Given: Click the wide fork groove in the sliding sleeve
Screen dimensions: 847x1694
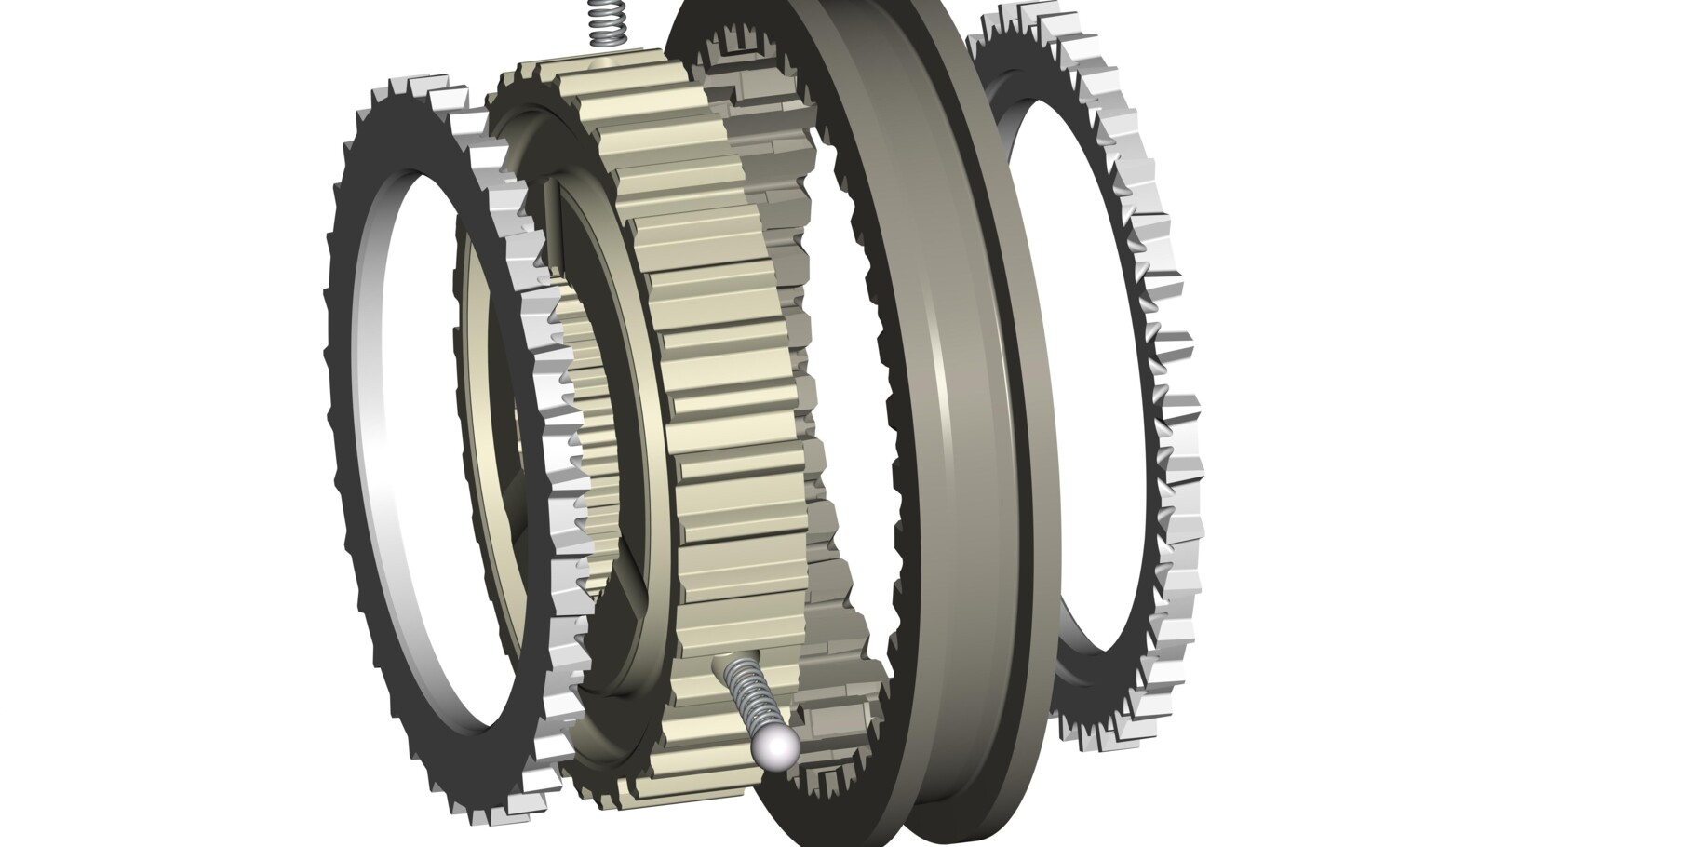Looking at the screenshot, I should click(x=968, y=419).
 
